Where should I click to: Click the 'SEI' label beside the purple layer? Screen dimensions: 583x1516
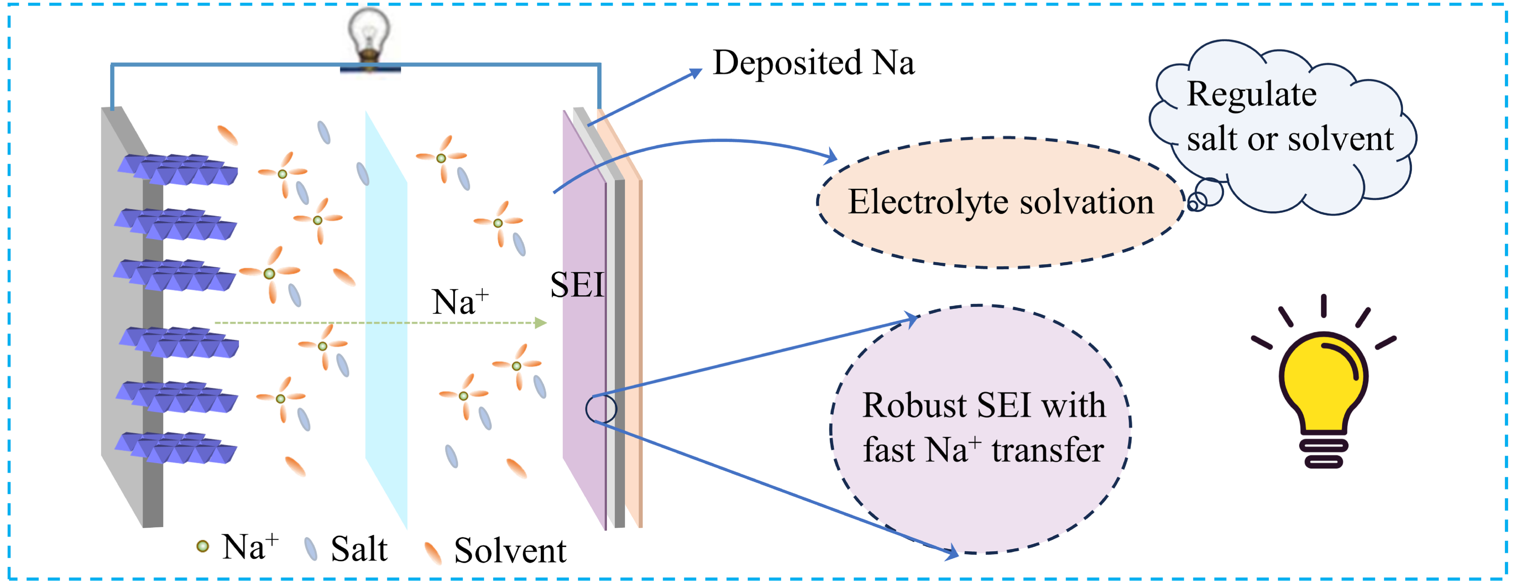click(577, 286)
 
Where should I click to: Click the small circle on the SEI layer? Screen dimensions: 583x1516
click(601, 408)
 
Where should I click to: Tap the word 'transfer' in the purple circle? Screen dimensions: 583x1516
click(1048, 451)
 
